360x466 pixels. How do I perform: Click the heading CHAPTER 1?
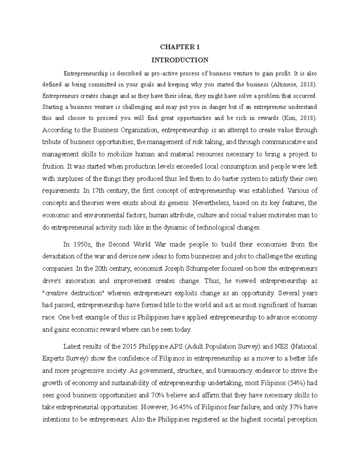(x=180, y=47)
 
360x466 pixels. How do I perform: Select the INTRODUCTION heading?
(x=180, y=60)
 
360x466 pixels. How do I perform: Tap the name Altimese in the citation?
(x=284, y=84)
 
